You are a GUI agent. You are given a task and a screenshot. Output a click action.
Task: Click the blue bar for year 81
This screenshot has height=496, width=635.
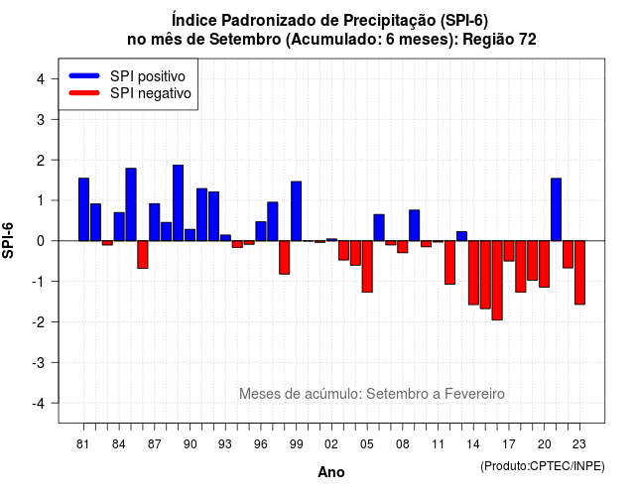[83, 209]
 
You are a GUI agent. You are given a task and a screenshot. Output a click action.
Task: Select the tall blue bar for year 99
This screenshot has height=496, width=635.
[296, 211]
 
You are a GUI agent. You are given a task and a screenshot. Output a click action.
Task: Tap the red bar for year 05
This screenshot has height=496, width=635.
[367, 267]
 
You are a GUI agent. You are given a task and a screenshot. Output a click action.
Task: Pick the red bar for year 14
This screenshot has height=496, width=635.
[473, 273]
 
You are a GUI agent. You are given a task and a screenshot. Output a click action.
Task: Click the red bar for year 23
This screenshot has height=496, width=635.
[579, 273]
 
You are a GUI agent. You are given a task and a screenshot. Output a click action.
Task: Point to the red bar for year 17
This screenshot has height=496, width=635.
[509, 251]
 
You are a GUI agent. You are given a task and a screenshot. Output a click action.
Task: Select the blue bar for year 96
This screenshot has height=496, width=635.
[261, 231]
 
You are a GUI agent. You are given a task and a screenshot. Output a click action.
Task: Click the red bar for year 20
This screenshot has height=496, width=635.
[545, 264]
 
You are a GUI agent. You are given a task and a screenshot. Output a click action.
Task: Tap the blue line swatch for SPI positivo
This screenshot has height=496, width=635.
[84, 75]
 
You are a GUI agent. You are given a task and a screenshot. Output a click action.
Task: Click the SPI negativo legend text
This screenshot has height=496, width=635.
[151, 93]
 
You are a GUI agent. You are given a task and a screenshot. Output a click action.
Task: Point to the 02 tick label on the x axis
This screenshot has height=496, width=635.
[331, 444]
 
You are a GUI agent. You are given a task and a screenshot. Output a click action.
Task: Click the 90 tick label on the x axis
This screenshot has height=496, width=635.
[190, 444]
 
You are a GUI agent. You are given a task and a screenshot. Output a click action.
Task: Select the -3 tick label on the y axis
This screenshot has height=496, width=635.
[39, 362]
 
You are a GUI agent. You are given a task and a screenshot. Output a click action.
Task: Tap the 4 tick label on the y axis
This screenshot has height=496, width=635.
[41, 79]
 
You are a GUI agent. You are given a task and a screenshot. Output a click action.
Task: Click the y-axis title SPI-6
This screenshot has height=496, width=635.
[8, 240]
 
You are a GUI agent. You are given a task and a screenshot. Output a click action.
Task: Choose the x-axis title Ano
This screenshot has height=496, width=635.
[331, 472]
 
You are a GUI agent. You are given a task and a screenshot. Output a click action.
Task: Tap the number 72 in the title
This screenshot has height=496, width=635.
[527, 40]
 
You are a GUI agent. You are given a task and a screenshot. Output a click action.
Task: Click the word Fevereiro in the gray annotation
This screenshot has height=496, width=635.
[474, 394]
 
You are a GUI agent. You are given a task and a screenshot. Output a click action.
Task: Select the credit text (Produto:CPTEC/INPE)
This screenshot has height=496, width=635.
[543, 466]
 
